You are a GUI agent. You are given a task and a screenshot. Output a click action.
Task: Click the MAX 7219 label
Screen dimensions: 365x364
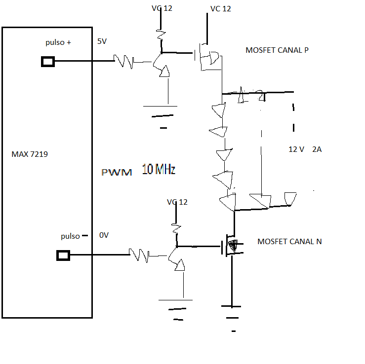30,154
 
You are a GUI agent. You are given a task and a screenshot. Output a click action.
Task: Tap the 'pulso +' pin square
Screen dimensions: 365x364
48,62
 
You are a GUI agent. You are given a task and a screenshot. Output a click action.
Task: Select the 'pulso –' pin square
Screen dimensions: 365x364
63,255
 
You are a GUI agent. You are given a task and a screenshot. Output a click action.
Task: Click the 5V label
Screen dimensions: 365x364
102,41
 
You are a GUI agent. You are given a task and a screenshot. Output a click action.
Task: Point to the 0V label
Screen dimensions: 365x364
104,235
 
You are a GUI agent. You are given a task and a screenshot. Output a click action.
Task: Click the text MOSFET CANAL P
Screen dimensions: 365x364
277,50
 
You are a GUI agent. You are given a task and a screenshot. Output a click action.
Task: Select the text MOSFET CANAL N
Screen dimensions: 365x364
289,242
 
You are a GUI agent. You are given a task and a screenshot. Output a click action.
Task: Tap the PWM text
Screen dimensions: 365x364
117,172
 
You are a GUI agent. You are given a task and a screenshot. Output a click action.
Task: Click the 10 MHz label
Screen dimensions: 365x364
159,169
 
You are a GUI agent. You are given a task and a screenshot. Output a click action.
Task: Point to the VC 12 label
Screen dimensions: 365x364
221,9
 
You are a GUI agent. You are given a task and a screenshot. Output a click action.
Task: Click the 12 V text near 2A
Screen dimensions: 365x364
296,149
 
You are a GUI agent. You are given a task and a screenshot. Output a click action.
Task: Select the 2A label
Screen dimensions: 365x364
317,149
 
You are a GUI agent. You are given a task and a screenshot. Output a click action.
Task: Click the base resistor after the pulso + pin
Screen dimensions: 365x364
123,62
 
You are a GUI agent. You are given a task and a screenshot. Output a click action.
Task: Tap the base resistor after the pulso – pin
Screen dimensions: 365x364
139,255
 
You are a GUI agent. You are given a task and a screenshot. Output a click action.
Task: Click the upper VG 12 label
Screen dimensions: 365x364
162,8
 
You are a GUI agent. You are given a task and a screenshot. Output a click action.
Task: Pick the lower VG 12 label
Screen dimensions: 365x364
177,202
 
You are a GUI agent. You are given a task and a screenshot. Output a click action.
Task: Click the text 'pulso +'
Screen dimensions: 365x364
58,42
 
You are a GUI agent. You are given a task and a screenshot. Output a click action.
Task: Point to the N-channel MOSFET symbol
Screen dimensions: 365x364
231,246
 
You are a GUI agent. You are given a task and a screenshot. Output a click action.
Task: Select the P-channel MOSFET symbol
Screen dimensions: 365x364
207,57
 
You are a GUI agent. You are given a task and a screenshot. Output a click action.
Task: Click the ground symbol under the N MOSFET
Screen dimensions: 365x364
232,318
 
